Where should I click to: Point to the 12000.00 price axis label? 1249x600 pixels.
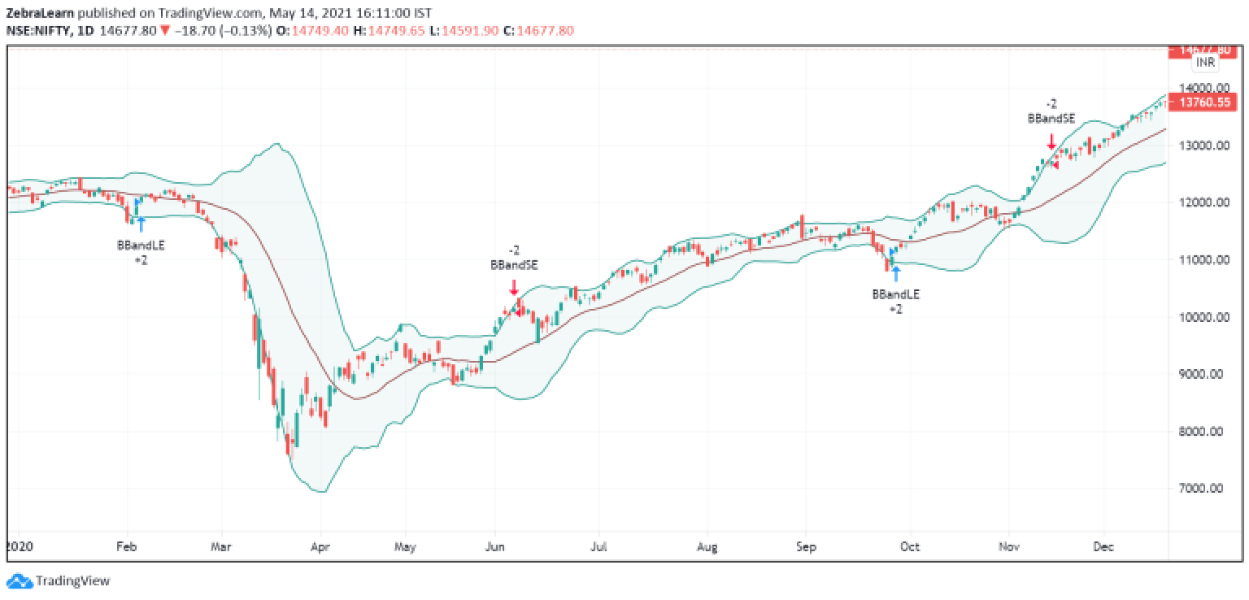tap(1204, 202)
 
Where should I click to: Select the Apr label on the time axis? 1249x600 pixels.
tap(321, 546)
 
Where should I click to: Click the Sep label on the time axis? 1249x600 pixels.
tap(805, 546)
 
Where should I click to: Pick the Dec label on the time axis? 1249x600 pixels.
tap(1103, 546)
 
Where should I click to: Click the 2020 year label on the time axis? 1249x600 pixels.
tap(17, 546)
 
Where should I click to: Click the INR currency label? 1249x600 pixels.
tap(1204, 63)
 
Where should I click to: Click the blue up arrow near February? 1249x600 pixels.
tap(141, 224)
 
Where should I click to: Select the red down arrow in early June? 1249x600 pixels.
tap(514, 287)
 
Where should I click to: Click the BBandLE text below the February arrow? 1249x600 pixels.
tap(141, 245)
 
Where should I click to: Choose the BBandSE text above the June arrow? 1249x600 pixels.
tap(513, 264)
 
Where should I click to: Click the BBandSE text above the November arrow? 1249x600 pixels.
tap(1051, 118)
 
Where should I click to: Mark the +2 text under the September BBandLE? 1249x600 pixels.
tap(895, 310)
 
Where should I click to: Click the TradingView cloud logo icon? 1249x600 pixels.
tap(18, 581)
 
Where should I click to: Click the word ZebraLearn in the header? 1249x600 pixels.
tap(37, 13)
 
